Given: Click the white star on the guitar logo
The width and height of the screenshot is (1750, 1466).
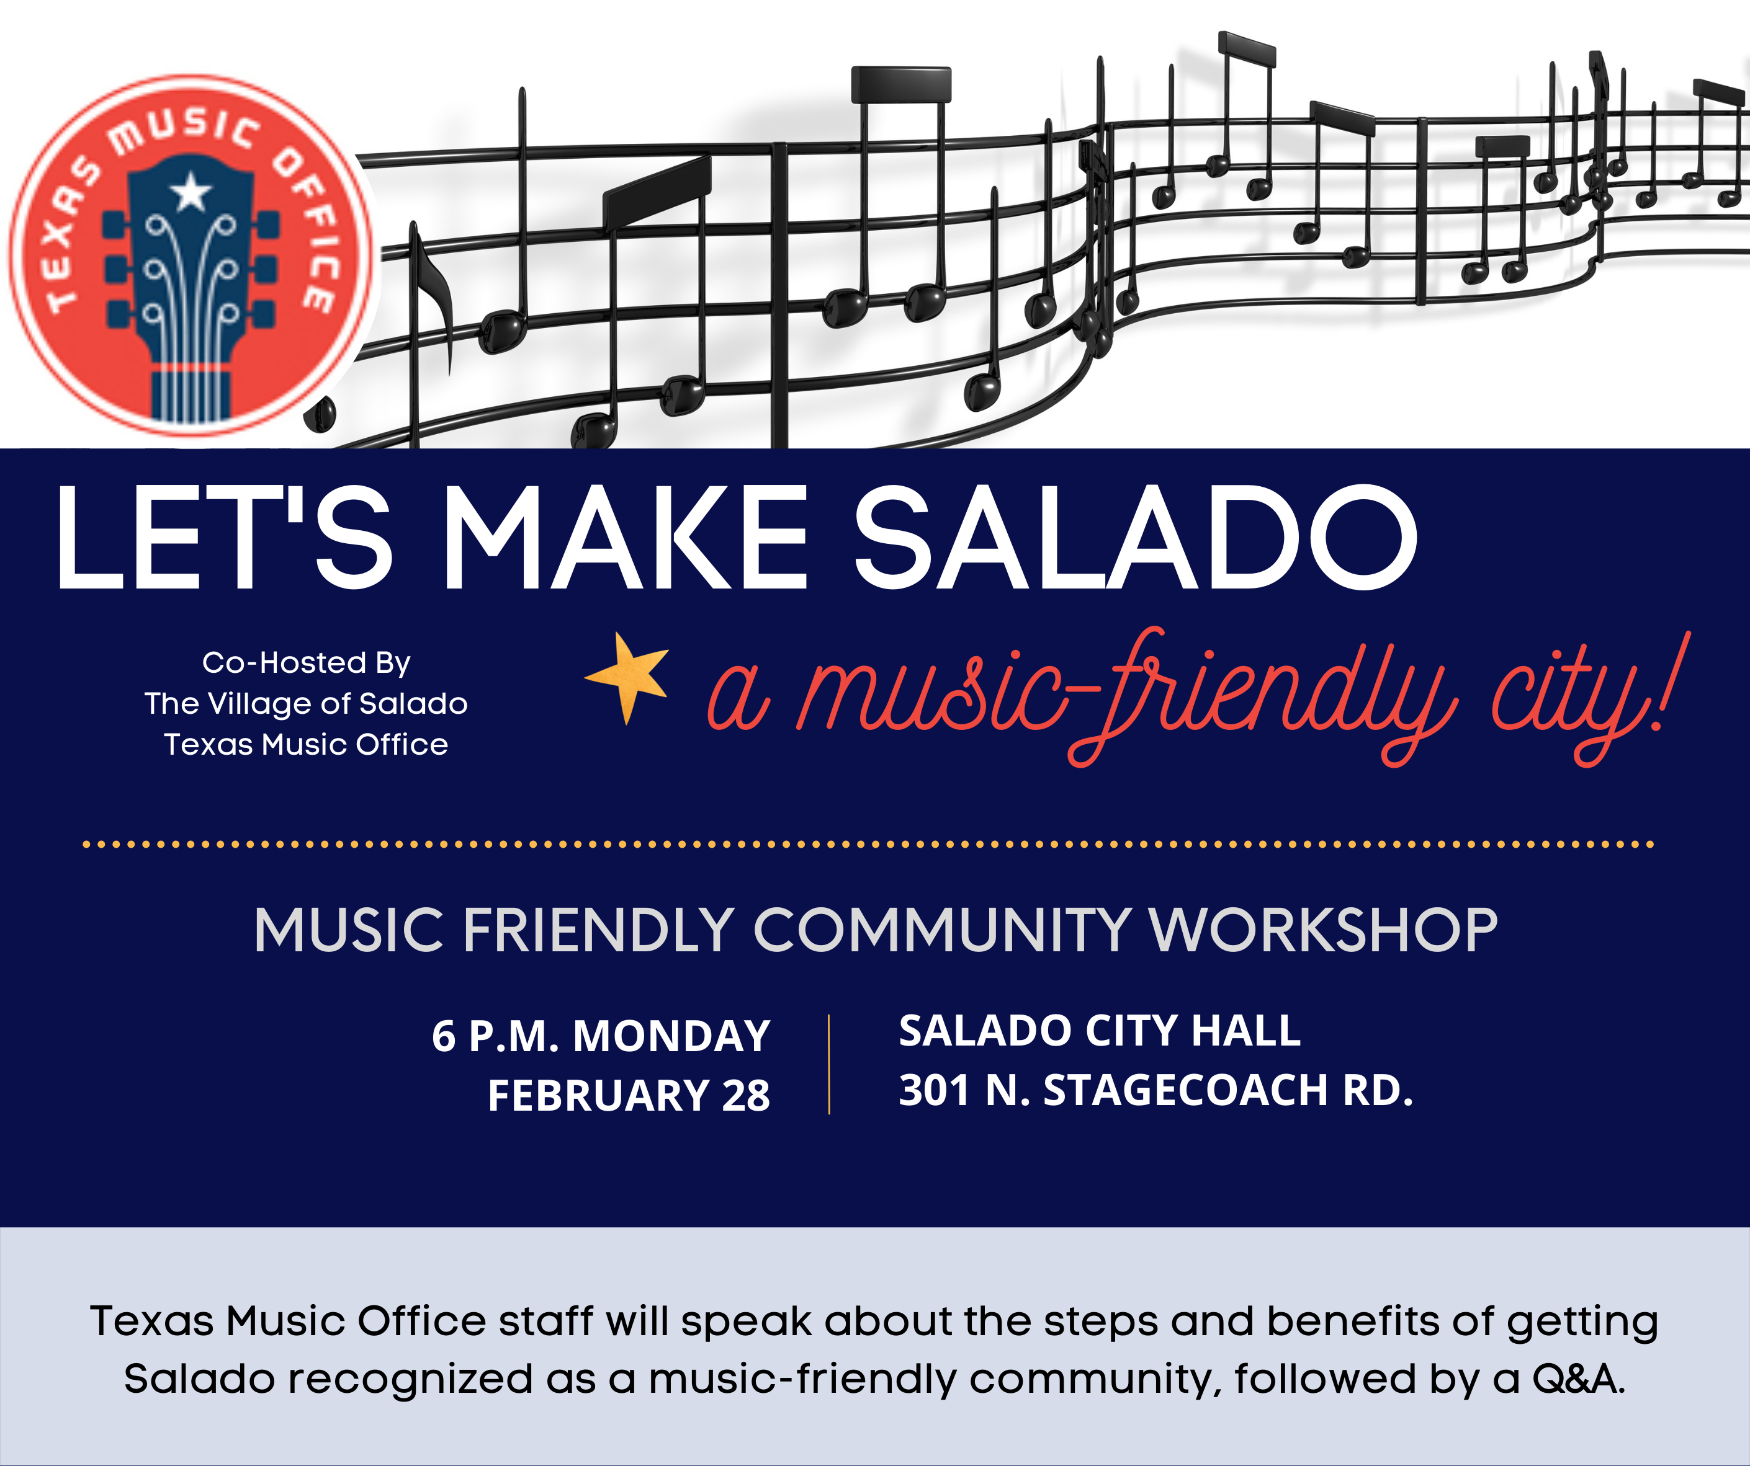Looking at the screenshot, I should click(x=191, y=192).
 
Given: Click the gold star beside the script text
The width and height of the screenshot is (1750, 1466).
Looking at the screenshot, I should click(x=629, y=675).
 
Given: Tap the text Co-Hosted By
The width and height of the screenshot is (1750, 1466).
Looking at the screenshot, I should click(x=306, y=663).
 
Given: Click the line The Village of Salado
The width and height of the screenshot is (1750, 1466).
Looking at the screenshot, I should click(x=306, y=704).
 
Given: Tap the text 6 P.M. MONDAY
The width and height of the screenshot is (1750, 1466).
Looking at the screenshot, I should click(x=601, y=1037).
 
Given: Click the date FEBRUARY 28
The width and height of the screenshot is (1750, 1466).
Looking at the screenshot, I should click(x=629, y=1095).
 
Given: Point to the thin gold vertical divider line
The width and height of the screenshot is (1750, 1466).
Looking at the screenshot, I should click(x=829, y=1065).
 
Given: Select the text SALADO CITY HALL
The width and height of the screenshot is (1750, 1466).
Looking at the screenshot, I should click(x=1099, y=1031).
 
